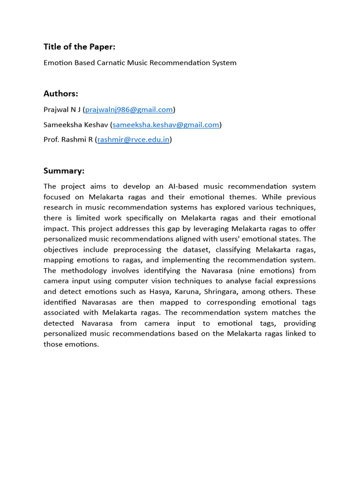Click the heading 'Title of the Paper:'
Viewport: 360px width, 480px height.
(x=79, y=46)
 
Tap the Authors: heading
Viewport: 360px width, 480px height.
(x=61, y=93)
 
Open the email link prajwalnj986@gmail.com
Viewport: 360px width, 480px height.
(x=129, y=109)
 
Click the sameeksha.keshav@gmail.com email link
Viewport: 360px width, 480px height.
(x=166, y=124)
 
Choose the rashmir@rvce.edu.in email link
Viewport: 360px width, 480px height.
(x=133, y=139)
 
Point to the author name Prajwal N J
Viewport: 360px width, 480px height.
(x=62, y=109)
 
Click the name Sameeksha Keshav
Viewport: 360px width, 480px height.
(x=75, y=124)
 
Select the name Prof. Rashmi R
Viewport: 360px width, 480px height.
(x=68, y=139)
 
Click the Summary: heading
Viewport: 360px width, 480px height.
(x=64, y=171)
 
